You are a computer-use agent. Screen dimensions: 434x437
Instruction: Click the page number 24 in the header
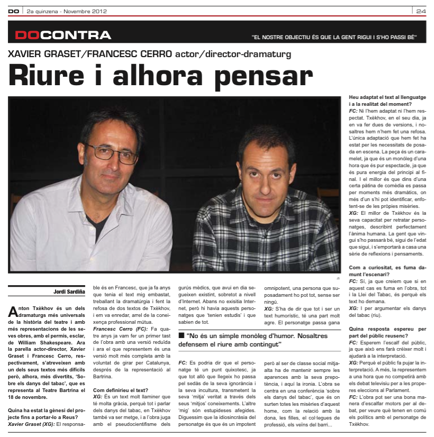421,11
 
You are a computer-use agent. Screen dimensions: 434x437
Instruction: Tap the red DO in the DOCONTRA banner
28,35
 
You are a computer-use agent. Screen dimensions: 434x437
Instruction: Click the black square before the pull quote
182,336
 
